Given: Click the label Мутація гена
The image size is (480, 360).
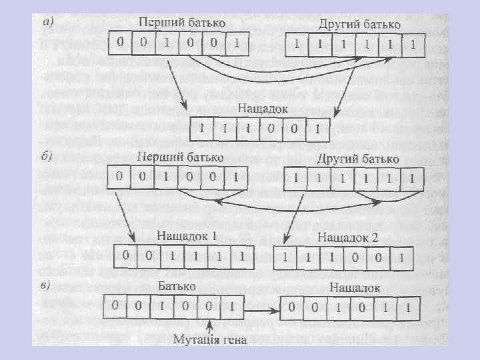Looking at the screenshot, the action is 210,341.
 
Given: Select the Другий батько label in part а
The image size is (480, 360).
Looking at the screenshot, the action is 360,24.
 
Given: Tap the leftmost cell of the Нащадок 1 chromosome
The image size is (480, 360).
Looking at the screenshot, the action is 124,255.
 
